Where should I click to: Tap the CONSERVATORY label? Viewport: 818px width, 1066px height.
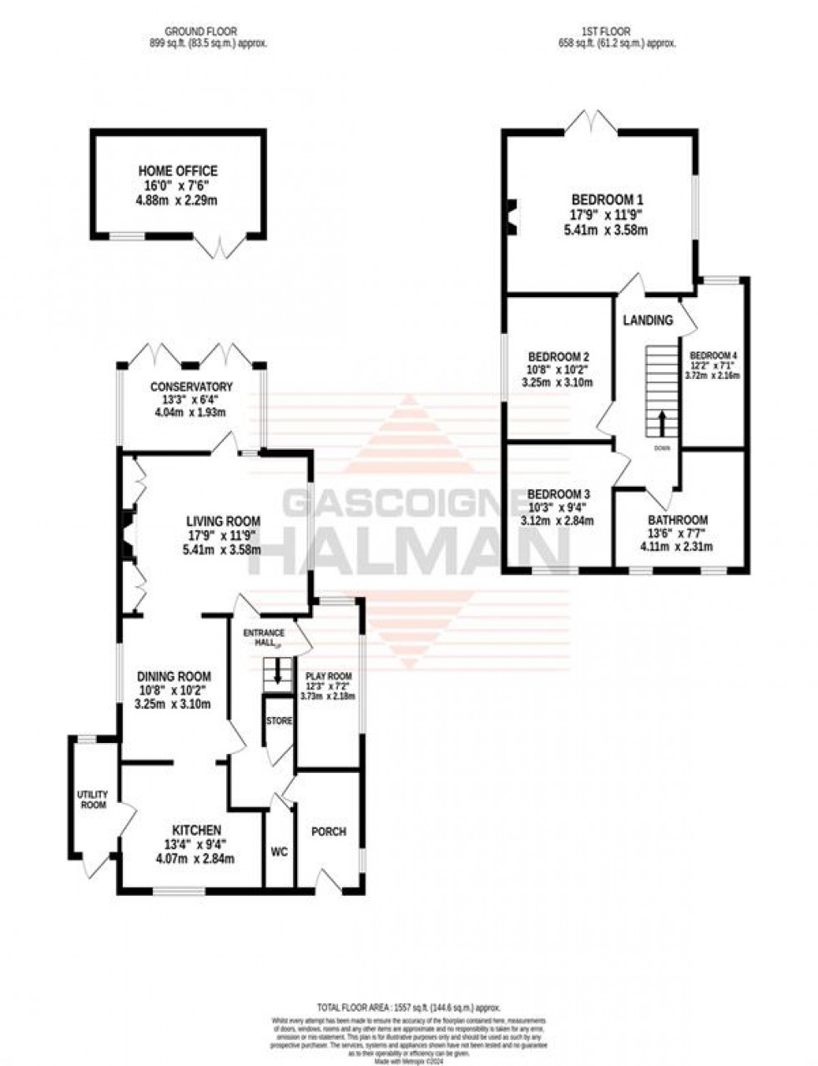pos(191,386)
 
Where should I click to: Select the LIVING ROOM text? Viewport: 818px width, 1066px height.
pos(222,522)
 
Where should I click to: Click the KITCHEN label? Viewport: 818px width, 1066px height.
pos(197,830)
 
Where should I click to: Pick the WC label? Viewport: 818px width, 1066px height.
pos(279,852)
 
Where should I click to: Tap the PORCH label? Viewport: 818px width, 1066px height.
pos(328,831)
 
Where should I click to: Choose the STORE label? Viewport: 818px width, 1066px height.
pos(279,720)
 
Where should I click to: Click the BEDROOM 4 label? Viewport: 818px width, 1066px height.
pos(714,353)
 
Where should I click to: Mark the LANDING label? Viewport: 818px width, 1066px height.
pos(649,320)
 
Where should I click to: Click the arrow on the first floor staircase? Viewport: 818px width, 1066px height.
pos(662,422)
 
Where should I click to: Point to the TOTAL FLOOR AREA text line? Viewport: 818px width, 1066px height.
pos(408,1008)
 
